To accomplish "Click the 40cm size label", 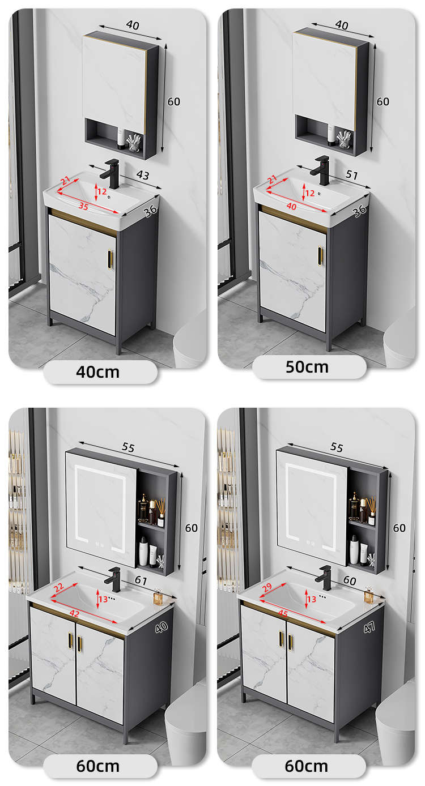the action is tap(97, 372).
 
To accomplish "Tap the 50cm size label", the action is tap(307, 367).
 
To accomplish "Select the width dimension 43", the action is tap(143, 175).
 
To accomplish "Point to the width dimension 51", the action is tap(351, 174).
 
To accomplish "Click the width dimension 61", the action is tap(141, 580).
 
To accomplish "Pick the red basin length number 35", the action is tap(83, 206).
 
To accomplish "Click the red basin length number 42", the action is tap(74, 613).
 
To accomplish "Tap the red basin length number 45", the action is tap(283, 613).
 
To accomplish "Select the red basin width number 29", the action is tap(267, 587).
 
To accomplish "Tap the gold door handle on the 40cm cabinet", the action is tap(110, 260).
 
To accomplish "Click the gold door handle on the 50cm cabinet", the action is tap(320, 257).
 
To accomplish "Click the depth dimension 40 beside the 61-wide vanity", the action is tap(161, 627).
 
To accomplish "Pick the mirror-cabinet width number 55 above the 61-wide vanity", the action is tap(128, 447).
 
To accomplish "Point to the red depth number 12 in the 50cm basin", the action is tap(310, 193).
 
